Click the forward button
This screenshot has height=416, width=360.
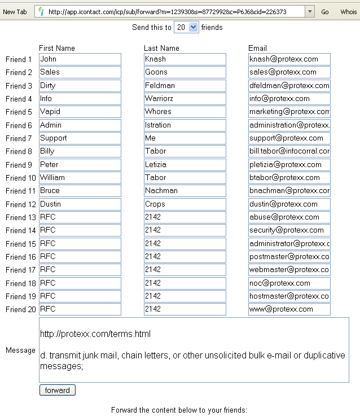click(57, 390)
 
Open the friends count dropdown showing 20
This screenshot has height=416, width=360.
click(186, 27)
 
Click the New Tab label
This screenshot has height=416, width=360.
click(15, 12)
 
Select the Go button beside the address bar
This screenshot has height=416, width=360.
click(325, 12)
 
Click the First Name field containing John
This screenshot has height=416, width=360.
click(80, 59)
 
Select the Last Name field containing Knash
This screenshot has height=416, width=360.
click(185, 59)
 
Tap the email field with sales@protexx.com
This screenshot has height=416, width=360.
click(289, 72)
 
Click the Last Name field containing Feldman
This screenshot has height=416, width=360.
click(185, 86)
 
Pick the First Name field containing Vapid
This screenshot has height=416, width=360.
click(80, 112)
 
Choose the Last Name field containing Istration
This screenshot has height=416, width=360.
click(185, 125)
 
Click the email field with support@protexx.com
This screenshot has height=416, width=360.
click(289, 138)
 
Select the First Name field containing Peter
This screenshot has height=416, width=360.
click(80, 165)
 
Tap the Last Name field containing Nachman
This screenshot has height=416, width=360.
click(185, 191)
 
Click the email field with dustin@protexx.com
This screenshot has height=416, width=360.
click(289, 204)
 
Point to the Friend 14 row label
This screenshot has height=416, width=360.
click(20, 230)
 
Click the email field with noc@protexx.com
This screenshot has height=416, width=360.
click(289, 283)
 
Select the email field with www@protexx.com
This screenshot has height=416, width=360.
click(289, 309)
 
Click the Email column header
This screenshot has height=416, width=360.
click(257, 49)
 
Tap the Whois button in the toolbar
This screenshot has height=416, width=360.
click(349, 12)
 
